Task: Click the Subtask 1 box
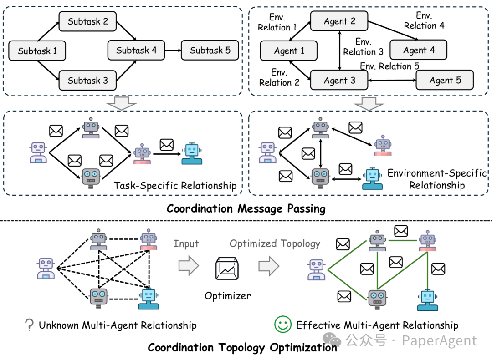[37, 51]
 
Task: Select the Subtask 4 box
[136, 50]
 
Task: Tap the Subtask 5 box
[210, 50]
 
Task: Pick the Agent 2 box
[339, 21]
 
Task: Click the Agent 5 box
[445, 81]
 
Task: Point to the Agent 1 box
[289, 51]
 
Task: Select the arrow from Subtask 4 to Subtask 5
[173, 50]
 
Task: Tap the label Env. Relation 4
[424, 21]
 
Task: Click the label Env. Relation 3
[363, 47]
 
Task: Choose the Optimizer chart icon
[228, 269]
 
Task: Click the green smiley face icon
[282, 325]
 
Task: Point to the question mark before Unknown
[30, 325]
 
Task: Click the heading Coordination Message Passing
[246, 208]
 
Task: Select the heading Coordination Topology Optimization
[242, 348]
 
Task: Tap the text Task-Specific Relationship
[175, 185]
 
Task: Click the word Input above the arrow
[186, 243]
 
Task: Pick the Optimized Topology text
[275, 243]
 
